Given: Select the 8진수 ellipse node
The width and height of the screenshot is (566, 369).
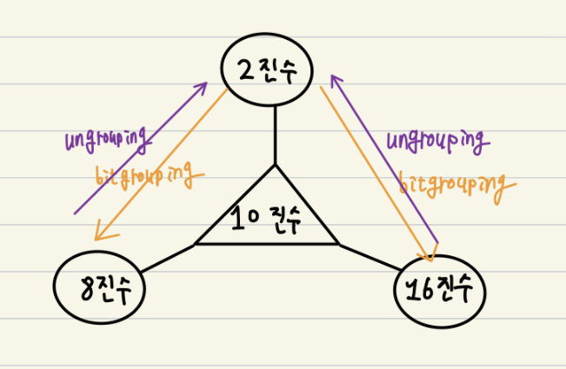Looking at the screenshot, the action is [98, 287].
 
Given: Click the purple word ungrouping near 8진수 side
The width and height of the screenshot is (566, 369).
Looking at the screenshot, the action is [106, 139].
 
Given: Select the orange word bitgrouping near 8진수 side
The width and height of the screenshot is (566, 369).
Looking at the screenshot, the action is [150, 177].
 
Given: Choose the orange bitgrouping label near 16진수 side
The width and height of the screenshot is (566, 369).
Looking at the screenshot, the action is [452, 184].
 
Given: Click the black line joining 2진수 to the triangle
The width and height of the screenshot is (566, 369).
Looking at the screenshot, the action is [275, 135].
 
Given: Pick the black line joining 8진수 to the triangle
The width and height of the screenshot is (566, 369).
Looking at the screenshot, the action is [167, 258].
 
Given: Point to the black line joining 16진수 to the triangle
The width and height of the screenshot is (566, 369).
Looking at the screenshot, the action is [369, 259].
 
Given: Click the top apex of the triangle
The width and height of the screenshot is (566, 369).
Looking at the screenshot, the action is [275, 164].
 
